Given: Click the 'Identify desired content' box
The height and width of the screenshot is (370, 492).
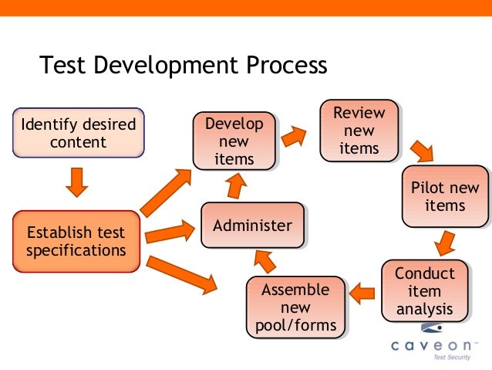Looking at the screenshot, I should tap(78, 133).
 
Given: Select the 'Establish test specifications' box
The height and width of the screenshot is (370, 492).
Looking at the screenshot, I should tap(76, 242).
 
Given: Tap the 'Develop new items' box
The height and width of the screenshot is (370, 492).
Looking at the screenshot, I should tap(234, 141).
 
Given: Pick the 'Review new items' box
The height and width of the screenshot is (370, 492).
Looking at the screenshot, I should tap(359, 131).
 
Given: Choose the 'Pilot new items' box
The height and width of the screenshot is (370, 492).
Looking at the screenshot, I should tap(444, 196).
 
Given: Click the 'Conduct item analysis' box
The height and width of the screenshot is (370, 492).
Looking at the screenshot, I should tap(425, 291).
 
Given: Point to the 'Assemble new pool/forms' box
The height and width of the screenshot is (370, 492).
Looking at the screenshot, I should tap(295, 307).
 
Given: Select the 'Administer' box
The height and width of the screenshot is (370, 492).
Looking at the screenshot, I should tap(252, 226).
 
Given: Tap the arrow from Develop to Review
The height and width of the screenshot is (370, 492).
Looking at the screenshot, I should tap(294, 137).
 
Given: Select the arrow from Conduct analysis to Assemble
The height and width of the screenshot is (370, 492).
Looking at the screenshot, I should tap(362, 292).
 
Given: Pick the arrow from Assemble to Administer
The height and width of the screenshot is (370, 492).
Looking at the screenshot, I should tap(265, 262).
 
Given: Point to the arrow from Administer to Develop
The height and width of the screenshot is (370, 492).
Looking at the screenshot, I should tap(236, 185).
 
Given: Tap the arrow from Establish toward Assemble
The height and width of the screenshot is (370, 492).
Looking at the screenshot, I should tap(180, 275).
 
